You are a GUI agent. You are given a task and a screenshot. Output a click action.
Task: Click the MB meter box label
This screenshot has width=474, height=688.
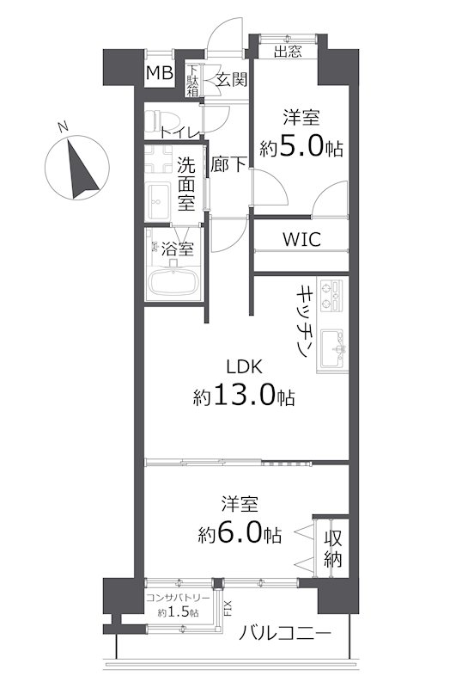coord(160,73)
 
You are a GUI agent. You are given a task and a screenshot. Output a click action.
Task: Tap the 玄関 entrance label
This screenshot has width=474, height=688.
coord(232,80)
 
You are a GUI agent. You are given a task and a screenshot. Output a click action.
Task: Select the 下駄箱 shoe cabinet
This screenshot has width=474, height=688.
coord(192,80)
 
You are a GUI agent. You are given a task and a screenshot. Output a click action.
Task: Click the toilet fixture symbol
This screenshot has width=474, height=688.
coord(156,120)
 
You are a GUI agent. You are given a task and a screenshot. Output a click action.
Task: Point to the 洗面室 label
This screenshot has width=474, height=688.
coord(186,183)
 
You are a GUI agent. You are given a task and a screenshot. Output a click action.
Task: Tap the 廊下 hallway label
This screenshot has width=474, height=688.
coord(228,164)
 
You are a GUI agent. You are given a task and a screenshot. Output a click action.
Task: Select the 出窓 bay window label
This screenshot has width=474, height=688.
coord(288,52)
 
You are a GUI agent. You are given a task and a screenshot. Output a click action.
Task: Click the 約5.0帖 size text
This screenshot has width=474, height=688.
coord(301,147)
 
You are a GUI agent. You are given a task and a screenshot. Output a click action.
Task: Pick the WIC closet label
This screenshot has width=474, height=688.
coord(301,240)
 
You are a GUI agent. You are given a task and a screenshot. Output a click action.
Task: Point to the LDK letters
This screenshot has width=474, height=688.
coord(244,366)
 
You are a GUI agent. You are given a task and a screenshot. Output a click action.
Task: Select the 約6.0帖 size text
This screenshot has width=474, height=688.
coord(240,533)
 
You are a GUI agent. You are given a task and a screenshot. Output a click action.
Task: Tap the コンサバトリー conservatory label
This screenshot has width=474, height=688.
coord(178,598)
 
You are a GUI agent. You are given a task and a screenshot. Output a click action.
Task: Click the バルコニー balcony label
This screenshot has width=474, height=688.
coord(285,633)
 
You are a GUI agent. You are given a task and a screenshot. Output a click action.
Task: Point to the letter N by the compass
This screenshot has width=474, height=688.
coord(63,126)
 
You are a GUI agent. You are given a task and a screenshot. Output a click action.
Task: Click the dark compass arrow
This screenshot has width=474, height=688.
coord(82,169)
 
